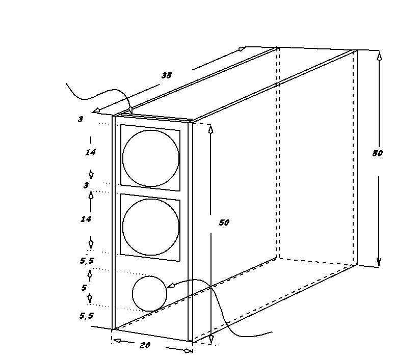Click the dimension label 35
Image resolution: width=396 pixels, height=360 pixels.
tap(167, 75)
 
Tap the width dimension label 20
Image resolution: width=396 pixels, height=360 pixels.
tap(145, 345)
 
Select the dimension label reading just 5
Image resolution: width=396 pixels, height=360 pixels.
tap(84, 288)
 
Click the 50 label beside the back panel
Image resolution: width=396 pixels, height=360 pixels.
tap(378, 153)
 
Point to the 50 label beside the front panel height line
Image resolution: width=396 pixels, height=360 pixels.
tap(224, 223)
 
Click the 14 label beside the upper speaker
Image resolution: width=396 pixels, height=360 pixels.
tap(90, 152)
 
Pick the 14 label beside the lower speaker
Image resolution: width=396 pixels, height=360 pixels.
tap(86, 219)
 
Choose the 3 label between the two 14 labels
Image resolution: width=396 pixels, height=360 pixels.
tap(86, 185)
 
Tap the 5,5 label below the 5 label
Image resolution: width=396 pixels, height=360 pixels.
tap(86, 316)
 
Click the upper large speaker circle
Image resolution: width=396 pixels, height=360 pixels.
tap(123, 158)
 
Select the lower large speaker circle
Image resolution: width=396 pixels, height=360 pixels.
tap(123, 227)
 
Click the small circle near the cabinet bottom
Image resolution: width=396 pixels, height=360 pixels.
tap(133, 294)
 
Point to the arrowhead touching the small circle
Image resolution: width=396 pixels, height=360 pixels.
tap(171, 285)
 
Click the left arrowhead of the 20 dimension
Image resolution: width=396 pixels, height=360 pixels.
tap(116, 341)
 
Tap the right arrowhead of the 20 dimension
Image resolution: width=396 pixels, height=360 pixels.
tap(189, 351)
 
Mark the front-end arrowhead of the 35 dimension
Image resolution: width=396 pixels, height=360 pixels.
tap(96, 110)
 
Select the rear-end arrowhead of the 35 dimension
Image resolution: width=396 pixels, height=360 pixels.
tap(242, 49)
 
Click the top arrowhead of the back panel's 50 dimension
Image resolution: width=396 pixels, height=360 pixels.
tap(379, 56)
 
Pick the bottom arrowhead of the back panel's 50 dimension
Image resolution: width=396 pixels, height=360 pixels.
tap(379, 262)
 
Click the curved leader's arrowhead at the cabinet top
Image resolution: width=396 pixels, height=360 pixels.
tap(130, 110)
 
